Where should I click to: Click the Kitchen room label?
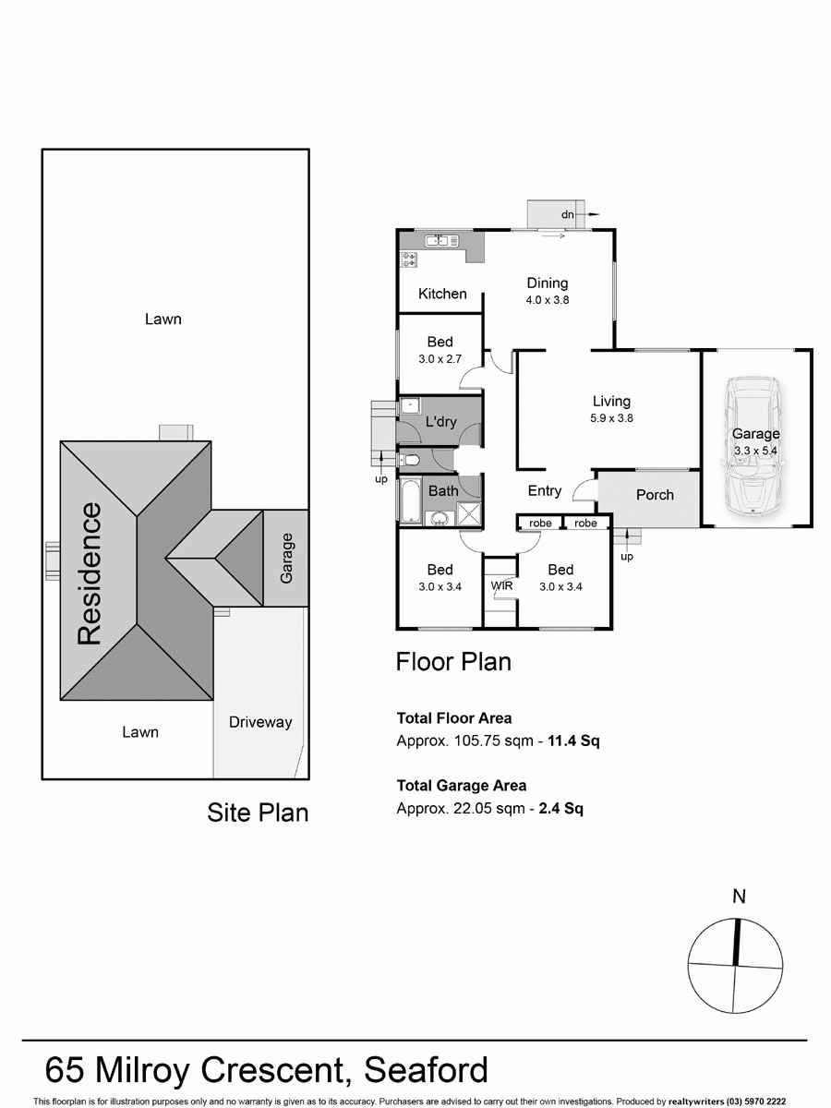pyautogui.click(x=442, y=294)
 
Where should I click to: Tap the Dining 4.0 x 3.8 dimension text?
pyautogui.click(x=547, y=300)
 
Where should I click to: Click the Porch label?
pyautogui.click(x=655, y=495)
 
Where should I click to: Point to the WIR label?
pyautogui.click(x=501, y=585)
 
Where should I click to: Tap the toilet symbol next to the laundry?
pyautogui.click(x=412, y=460)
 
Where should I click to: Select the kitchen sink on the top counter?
pyautogui.click(x=436, y=241)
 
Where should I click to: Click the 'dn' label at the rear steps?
pyautogui.click(x=568, y=215)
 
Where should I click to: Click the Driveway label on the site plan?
pyautogui.click(x=260, y=722)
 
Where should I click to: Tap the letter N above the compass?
pyautogui.click(x=739, y=896)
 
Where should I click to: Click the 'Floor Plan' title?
pyautogui.click(x=452, y=662)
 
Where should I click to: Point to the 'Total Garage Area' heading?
pyautogui.click(x=461, y=786)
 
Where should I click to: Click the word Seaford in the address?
pyautogui.click(x=426, y=1069)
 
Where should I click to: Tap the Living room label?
pyautogui.click(x=611, y=401)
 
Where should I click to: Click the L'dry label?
pyautogui.click(x=440, y=422)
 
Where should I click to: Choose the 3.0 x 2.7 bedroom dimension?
pyautogui.click(x=440, y=359)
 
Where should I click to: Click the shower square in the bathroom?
pyautogui.click(x=469, y=513)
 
